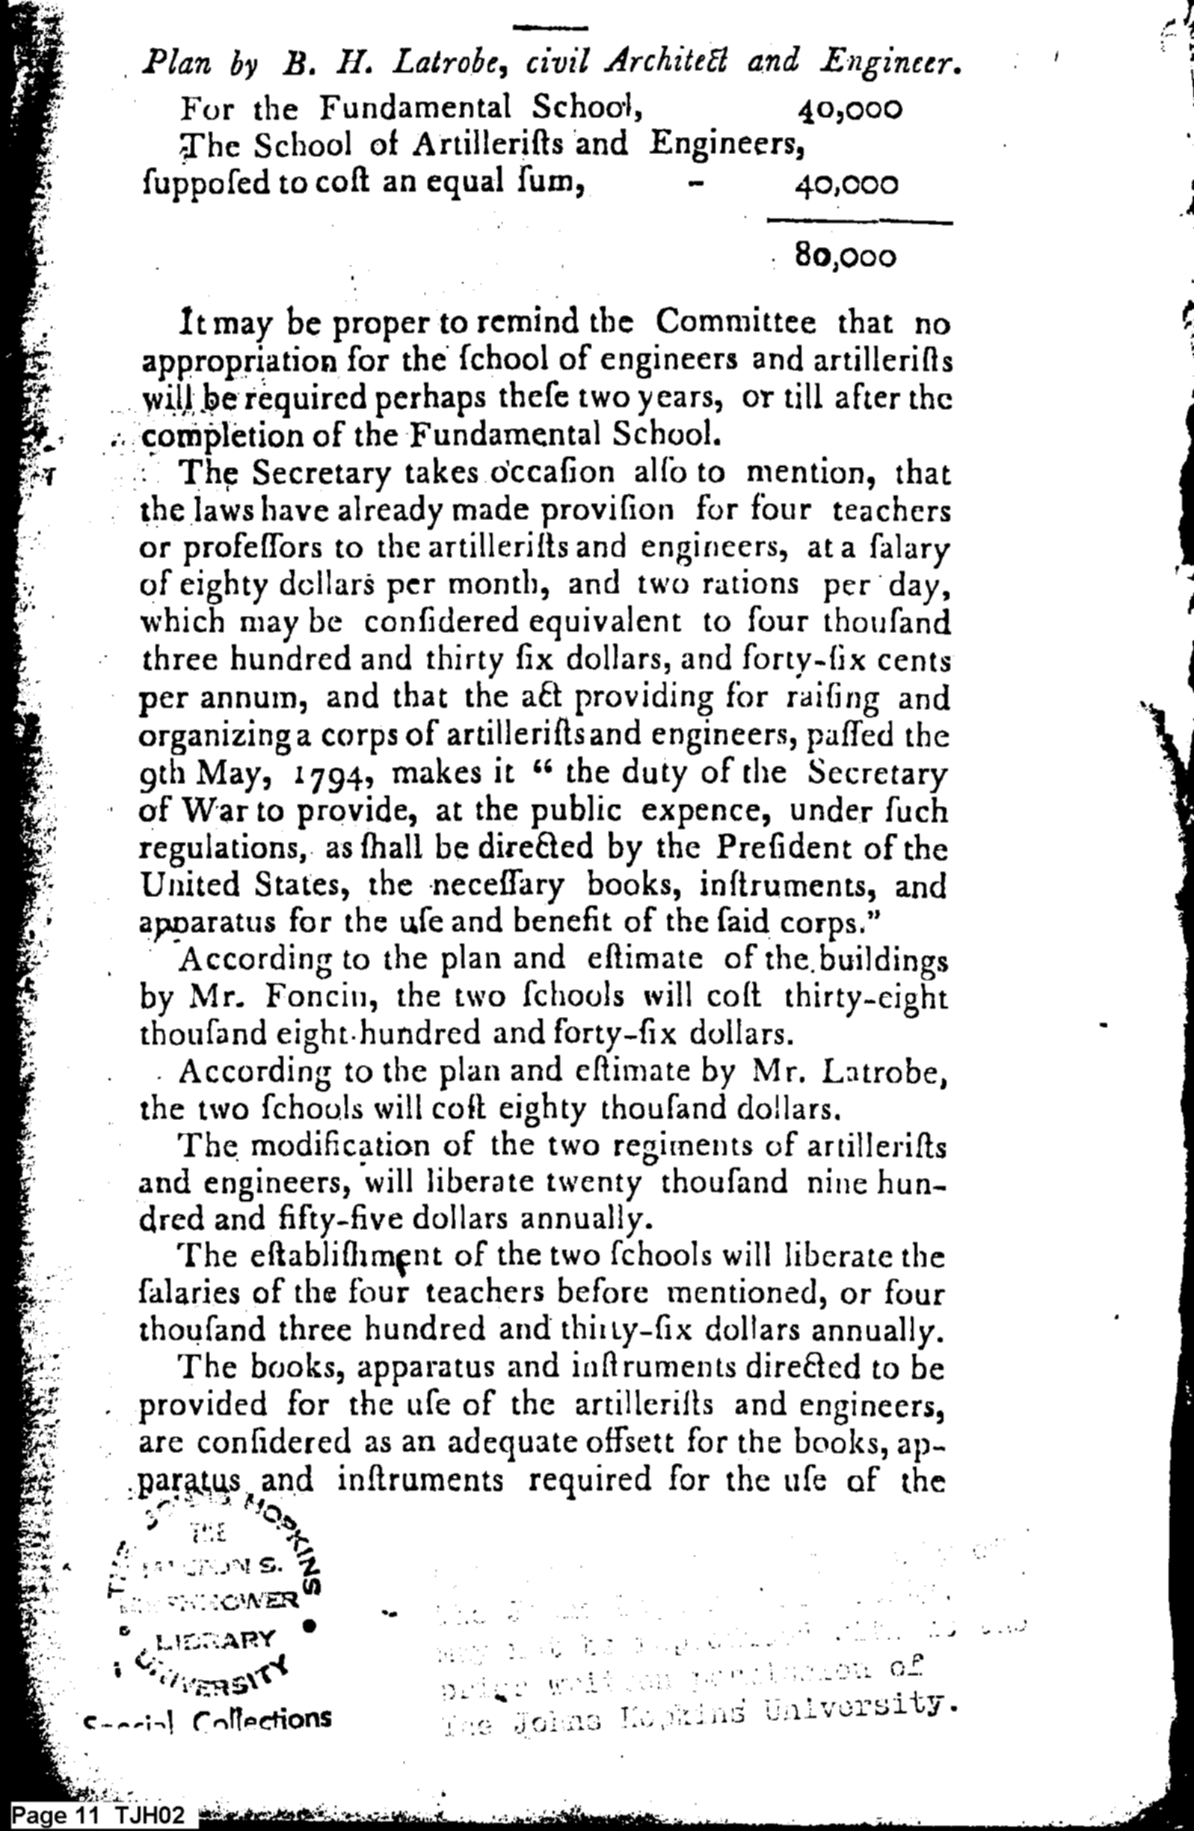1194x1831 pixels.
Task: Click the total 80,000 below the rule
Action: coord(846,256)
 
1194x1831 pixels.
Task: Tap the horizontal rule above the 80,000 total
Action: coord(860,223)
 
